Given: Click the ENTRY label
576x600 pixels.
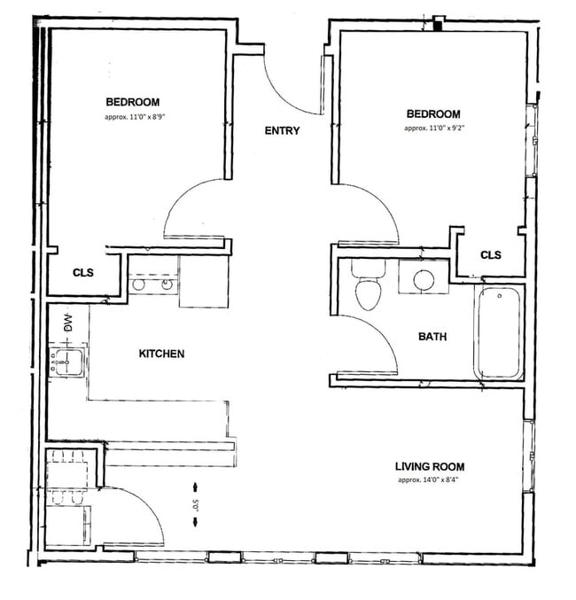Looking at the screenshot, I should [282, 131].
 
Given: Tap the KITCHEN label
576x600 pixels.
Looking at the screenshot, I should [161, 355].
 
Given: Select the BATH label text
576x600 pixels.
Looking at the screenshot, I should [432, 337].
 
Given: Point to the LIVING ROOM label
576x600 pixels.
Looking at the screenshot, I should [429, 466].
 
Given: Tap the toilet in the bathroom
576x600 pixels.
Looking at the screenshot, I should [366, 289].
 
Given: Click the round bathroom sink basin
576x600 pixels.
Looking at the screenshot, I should [424, 282].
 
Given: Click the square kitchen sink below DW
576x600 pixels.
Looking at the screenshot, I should [66, 363].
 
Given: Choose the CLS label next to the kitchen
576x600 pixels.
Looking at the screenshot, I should [83, 273].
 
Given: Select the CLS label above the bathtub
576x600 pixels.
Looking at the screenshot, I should [491, 255].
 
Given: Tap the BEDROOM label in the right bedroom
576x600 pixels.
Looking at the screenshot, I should [433, 113].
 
